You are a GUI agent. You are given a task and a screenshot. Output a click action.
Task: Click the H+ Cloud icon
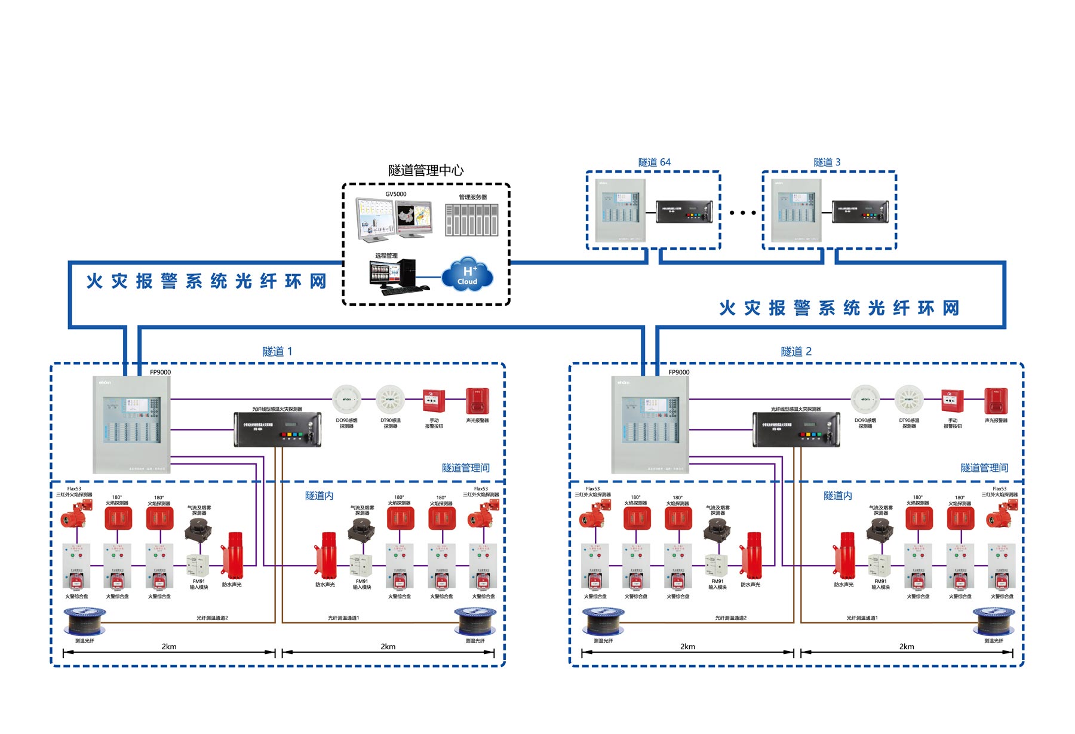467,275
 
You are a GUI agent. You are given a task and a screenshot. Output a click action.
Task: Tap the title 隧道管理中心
426,171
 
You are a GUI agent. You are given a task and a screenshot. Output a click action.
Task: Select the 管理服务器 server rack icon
472,220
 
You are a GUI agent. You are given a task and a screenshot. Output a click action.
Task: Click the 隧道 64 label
654,162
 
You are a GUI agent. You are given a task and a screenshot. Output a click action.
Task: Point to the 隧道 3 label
827,162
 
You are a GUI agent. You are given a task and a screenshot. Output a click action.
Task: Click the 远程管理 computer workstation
394,276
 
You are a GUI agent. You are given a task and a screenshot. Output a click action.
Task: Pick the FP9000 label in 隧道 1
160,372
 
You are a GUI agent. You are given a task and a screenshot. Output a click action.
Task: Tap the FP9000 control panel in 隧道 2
650,425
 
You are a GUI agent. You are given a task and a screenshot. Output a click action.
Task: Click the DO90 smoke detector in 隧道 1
346,400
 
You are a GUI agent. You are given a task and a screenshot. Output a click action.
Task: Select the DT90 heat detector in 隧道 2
909,400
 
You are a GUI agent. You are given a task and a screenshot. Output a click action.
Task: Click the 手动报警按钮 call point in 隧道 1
434,401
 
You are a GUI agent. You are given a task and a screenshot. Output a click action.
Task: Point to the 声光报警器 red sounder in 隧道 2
996,401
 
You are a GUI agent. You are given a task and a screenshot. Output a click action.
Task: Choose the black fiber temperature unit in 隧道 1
278,429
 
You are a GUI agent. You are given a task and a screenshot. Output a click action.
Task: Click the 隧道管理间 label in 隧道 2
984,468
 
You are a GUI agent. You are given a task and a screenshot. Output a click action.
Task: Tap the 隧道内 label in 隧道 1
319,496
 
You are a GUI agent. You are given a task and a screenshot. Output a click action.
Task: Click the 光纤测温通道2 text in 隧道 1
212,618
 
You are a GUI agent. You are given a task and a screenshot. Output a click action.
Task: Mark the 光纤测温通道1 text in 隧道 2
862,618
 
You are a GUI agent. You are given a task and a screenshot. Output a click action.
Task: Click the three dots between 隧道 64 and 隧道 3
742,213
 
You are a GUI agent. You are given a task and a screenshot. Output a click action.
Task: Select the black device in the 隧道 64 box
684,211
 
